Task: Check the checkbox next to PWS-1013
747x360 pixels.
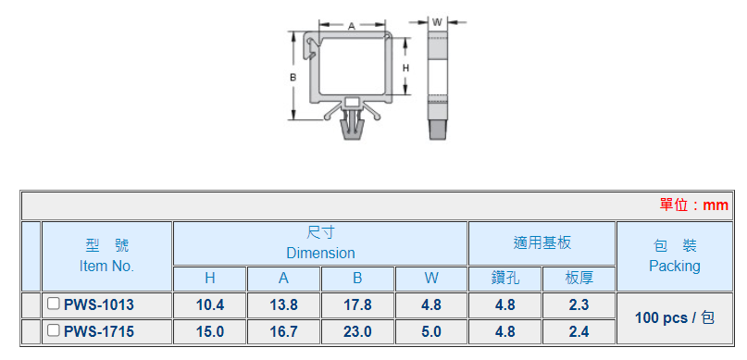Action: point(54,304)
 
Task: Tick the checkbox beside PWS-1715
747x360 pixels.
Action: point(54,330)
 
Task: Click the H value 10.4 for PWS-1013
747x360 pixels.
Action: point(210,305)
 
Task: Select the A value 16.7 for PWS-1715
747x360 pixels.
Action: point(284,332)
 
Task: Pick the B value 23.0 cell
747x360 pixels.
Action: point(358,332)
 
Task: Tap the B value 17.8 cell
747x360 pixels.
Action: point(358,305)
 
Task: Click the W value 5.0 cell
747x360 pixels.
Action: point(431,332)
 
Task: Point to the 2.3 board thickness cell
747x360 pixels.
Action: point(579,305)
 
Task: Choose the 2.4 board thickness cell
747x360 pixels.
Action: point(579,332)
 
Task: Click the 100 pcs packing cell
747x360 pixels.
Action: point(675,318)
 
